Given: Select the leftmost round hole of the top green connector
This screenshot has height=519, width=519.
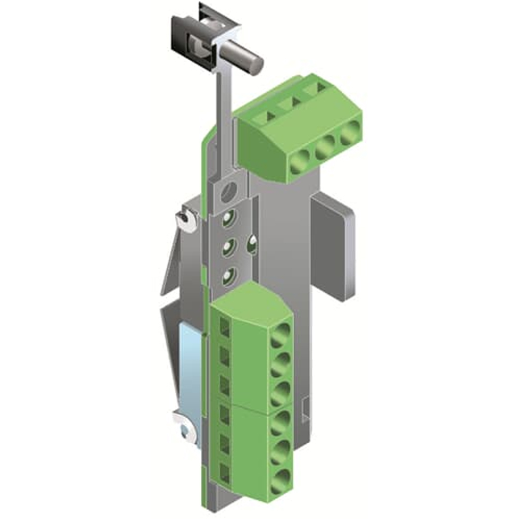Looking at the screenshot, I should coord(300,165).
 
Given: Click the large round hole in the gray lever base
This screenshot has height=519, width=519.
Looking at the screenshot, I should coord(228,194).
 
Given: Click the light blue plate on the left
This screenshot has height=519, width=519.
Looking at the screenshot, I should coord(190,363).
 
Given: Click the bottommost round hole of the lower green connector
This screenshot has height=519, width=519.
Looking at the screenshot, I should coord(279,479).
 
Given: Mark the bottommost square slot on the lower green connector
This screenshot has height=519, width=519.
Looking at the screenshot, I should coord(225,471).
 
